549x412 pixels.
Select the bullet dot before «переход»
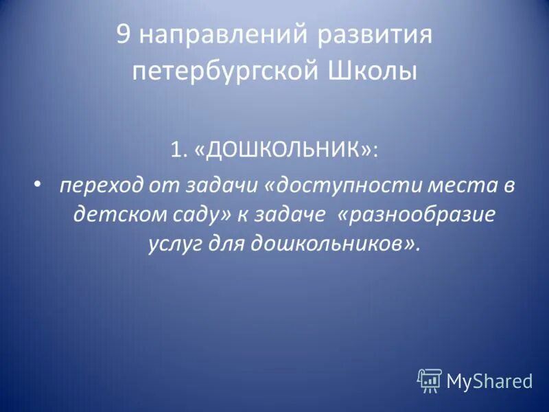(37, 184)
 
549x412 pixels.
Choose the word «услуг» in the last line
(172, 244)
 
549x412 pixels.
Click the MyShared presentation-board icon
(430, 380)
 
